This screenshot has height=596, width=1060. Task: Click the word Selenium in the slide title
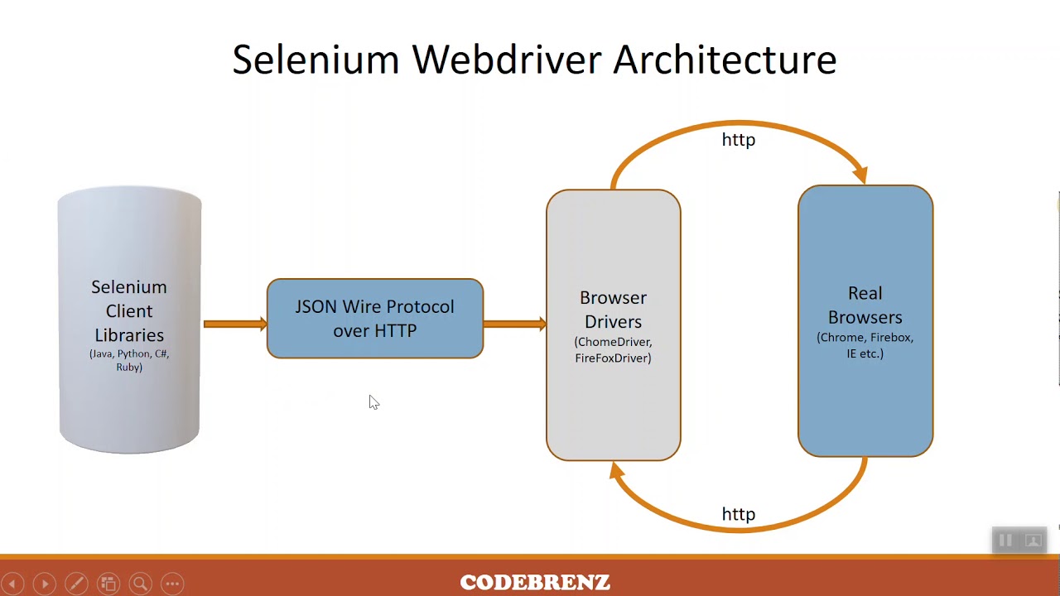tap(316, 60)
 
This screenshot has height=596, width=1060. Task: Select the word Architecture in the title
tap(725, 60)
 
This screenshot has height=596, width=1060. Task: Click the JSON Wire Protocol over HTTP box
tap(374, 319)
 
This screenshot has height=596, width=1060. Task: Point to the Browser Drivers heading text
tap(613, 310)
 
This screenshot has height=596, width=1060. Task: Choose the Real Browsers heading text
tap(865, 305)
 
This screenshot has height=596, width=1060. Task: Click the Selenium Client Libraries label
tap(129, 310)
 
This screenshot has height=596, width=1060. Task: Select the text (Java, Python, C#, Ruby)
tap(129, 360)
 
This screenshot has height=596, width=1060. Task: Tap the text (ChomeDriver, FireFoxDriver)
tap(613, 350)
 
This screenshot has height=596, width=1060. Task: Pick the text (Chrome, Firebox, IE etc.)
tap(865, 345)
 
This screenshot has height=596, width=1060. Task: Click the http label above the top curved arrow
tap(738, 140)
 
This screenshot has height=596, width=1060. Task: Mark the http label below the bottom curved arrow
tap(738, 514)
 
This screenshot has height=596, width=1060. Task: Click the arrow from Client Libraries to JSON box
tap(234, 324)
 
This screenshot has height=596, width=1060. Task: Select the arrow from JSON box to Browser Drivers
tap(514, 324)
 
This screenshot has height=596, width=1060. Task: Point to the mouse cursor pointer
tap(373, 401)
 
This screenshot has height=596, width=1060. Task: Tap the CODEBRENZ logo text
tap(535, 583)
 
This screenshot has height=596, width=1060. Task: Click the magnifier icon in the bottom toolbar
tap(140, 584)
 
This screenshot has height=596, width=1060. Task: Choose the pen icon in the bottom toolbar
tap(76, 584)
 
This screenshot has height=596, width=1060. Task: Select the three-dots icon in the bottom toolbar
tap(172, 584)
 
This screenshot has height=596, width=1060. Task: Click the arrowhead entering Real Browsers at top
tap(860, 175)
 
